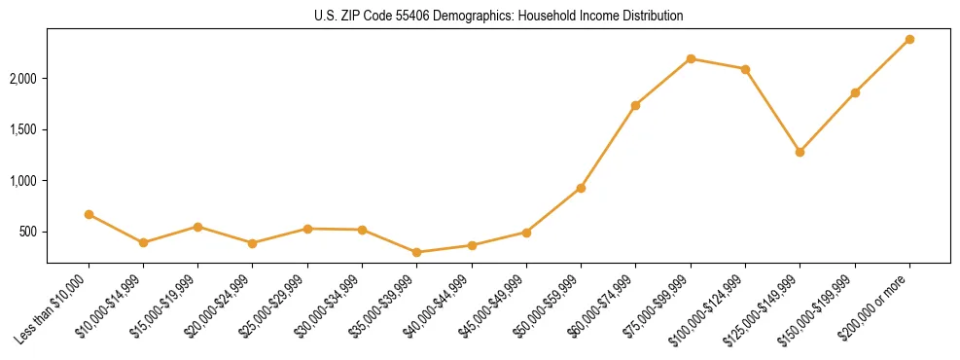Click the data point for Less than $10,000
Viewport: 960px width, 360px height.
[89, 214]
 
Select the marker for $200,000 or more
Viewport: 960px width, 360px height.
[909, 39]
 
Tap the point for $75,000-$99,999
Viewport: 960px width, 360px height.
[691, 58]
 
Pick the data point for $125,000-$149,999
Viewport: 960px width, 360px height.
[800, 152]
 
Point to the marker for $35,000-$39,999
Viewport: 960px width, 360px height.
[417, 252]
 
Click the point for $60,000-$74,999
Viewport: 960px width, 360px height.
[635, 105]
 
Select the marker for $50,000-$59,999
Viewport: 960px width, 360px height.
[581, 188]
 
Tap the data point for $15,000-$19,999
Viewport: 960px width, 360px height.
[198, 227]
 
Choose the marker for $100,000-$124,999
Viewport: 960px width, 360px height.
[745, 69]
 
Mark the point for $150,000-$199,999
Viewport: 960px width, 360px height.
[855, 92]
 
